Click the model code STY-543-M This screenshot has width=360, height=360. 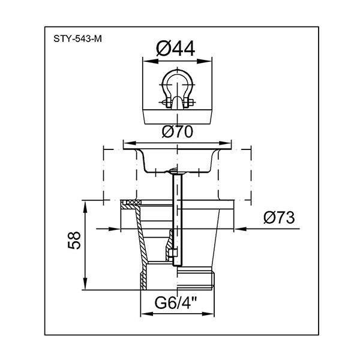click(x=77, y=39)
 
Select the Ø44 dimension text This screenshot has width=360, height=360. click(x=176, y=49)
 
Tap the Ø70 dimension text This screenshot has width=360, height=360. click(x=178, y=132)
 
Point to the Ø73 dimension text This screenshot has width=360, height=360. click(x=279, y=218)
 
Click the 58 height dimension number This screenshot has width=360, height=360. click(x=74, y=240)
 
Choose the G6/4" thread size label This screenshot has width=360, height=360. click(x=176, y=302)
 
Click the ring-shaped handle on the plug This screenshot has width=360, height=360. click(x=177, y=87)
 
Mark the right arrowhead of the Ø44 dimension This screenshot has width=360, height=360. click(x=204, y=61)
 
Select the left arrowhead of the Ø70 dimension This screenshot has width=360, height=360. click(x=131, y=143)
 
